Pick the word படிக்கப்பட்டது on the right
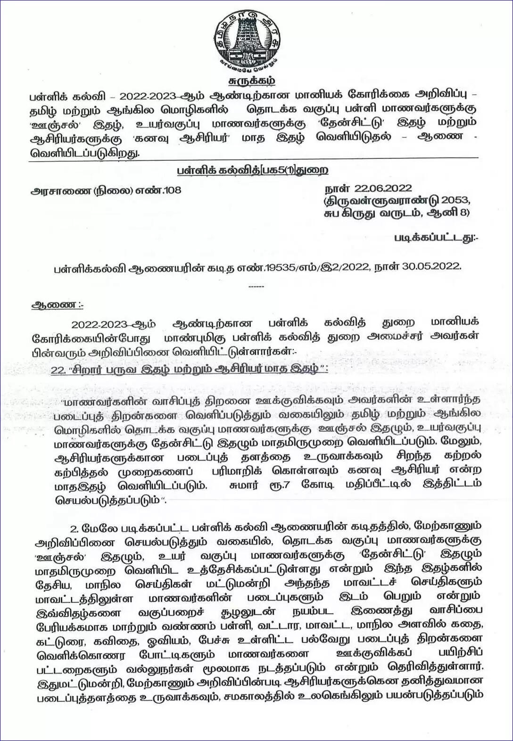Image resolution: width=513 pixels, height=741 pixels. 433,238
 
